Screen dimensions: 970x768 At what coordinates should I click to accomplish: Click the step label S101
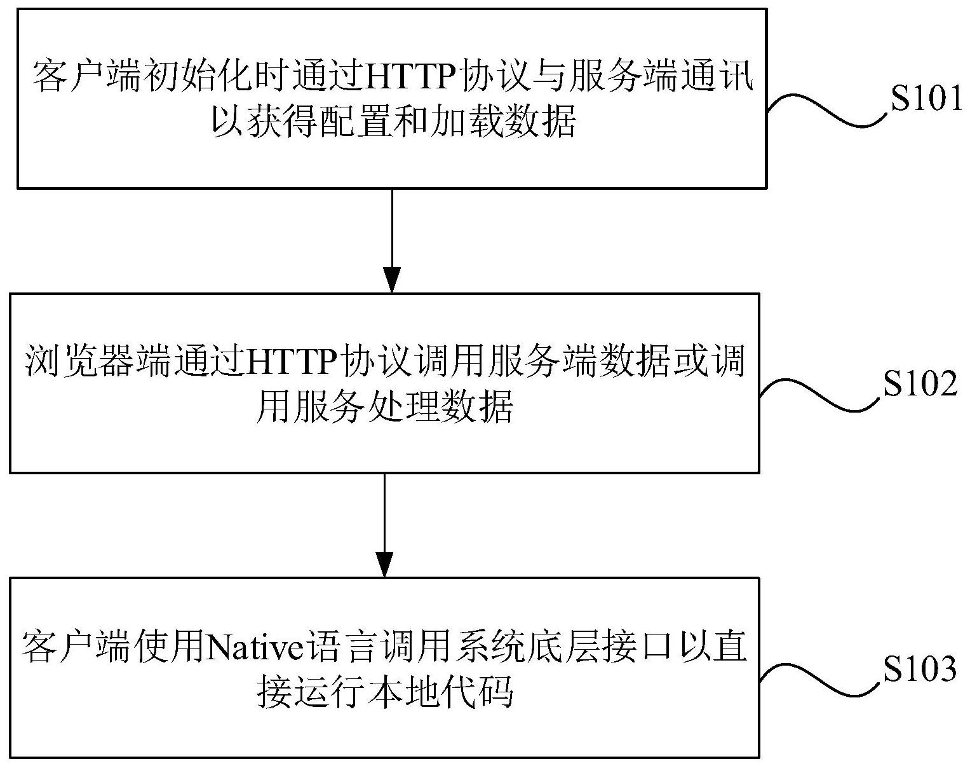[926, 99]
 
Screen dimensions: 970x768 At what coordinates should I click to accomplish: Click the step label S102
[920, 383]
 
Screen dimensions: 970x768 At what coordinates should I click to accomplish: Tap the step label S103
[920, 668]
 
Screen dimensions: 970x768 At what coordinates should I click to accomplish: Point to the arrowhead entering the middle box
[392, 280]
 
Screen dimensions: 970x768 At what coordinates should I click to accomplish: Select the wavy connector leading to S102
[820, 395]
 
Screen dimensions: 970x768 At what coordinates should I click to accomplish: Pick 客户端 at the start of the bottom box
[77, 646]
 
